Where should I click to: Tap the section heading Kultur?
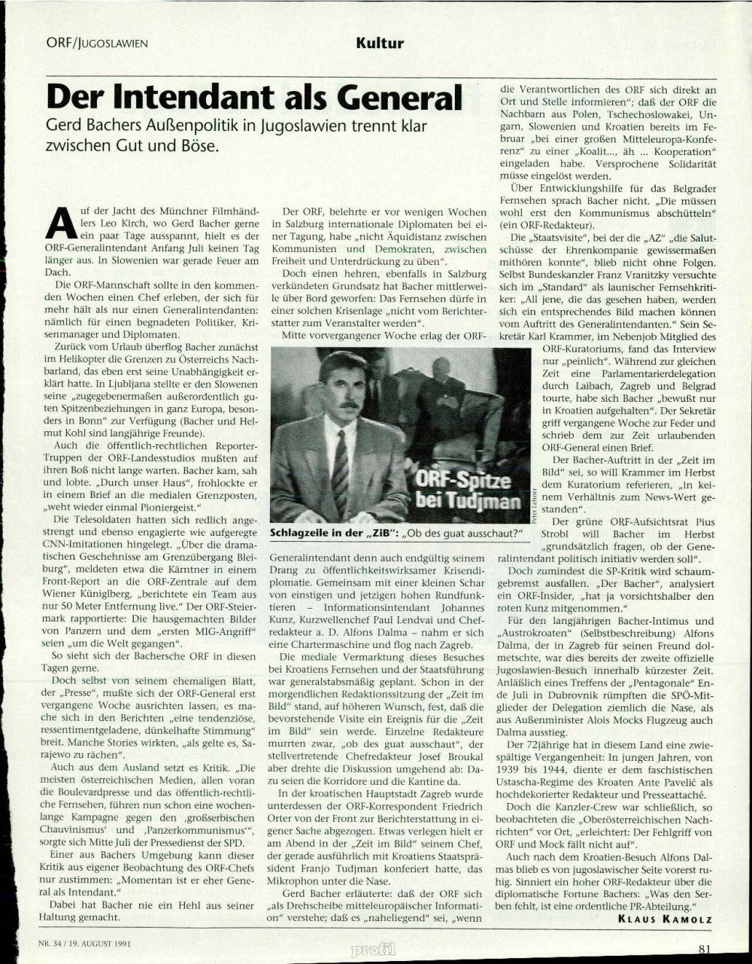coord(381,44)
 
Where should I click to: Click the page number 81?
coord(704,949)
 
